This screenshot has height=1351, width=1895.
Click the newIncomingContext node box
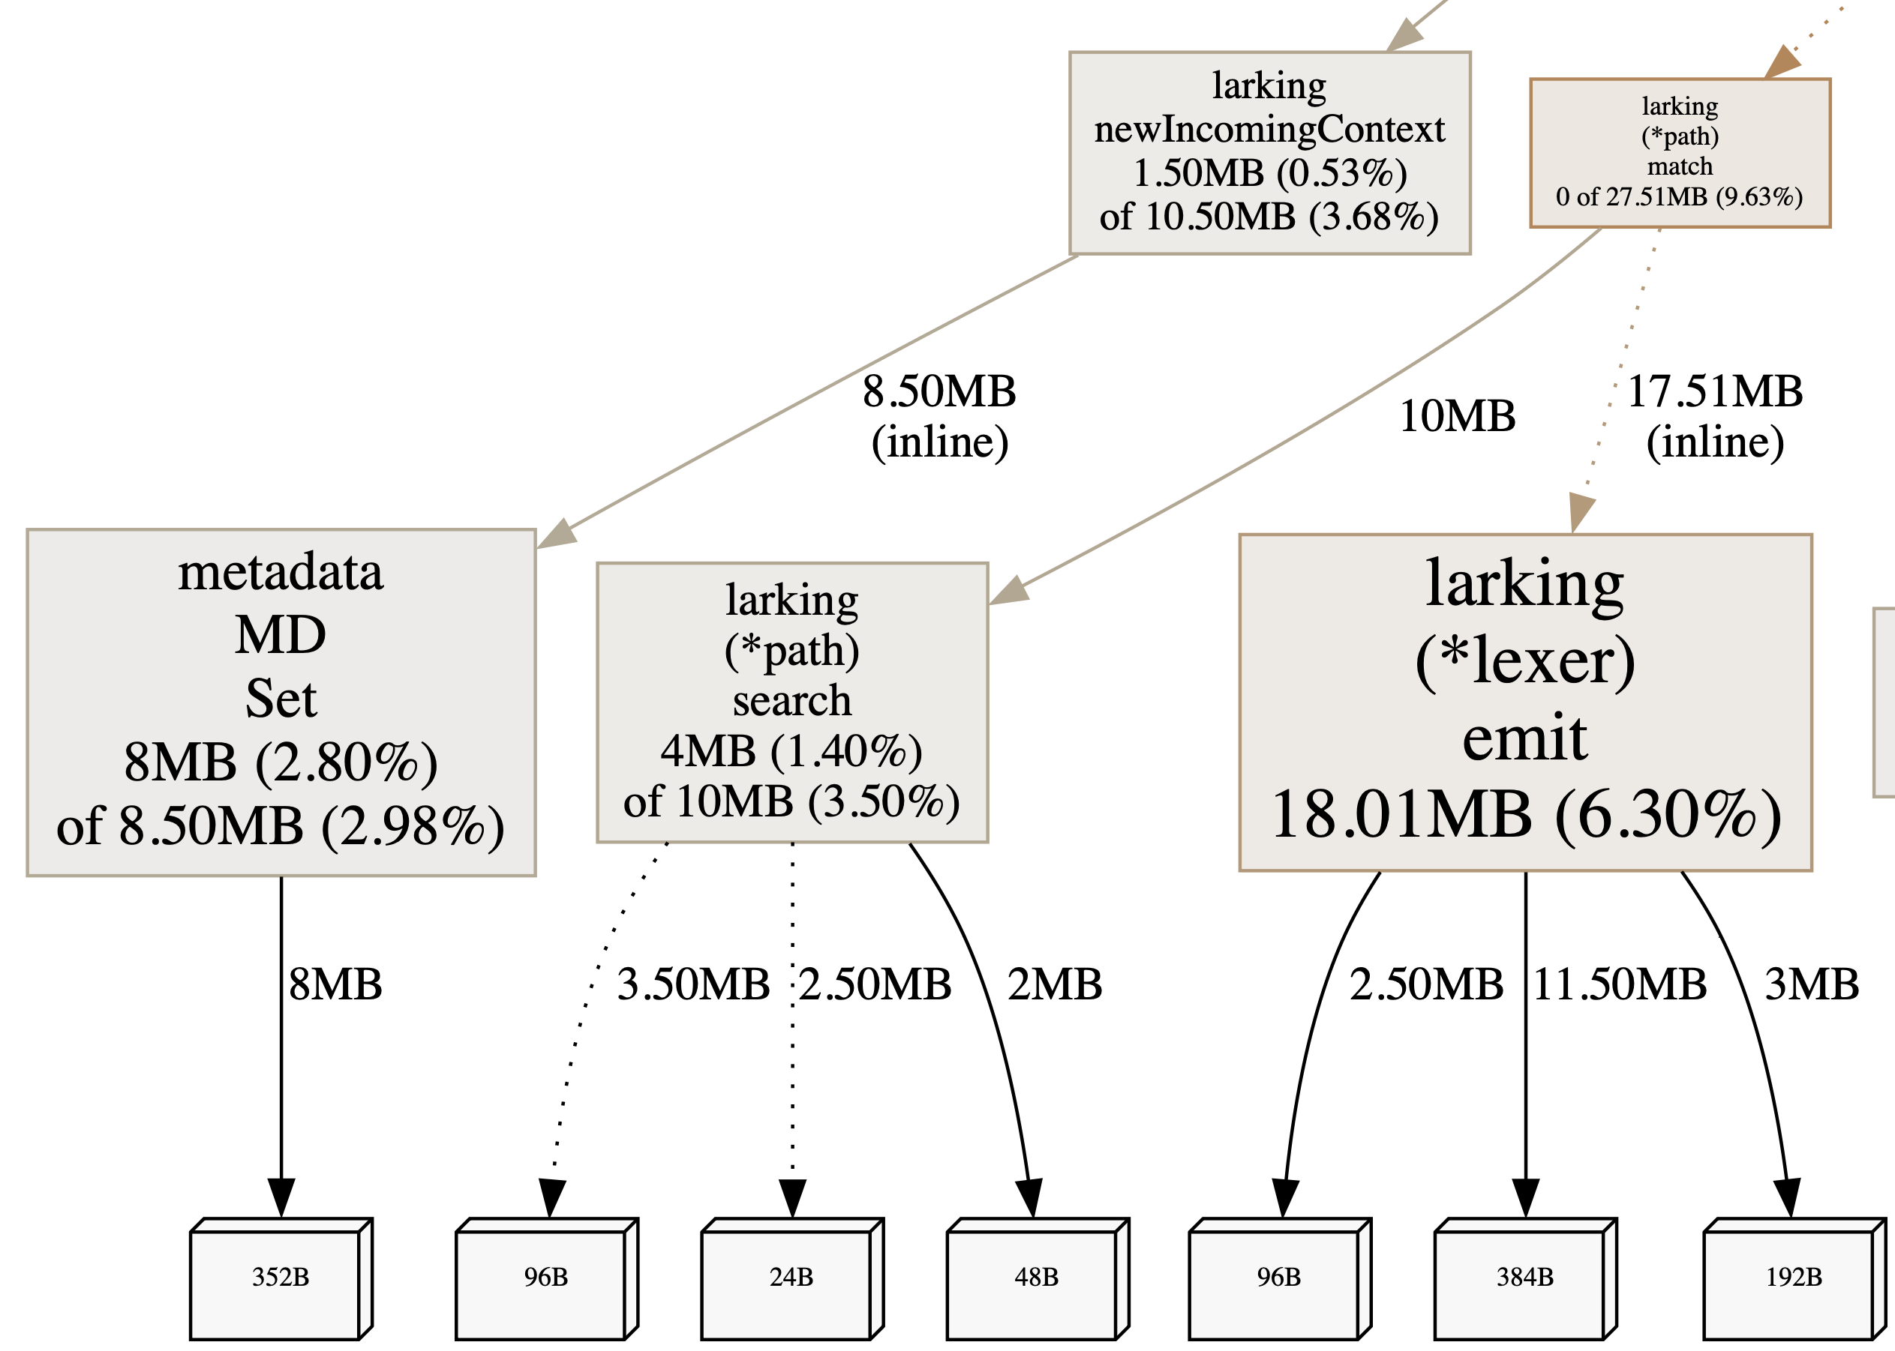pos(1269,152)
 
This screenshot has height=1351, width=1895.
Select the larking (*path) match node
pos(1679,152)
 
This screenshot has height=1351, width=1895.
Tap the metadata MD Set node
pos(281,701)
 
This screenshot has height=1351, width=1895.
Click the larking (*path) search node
pos(791,701)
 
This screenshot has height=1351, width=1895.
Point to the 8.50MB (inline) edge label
pos(938,416)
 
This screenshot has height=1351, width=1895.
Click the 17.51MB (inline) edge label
pos(1714,416)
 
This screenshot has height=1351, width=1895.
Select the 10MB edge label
pos(1456,416)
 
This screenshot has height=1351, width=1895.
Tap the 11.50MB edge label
pos(1620,984)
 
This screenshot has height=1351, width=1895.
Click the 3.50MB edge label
pos(692,984)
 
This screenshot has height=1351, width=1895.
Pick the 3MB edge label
pos(1811,984)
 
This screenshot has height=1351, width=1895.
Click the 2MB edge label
pos(1055,984)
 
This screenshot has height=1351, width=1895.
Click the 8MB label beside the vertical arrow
pos(335,984)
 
